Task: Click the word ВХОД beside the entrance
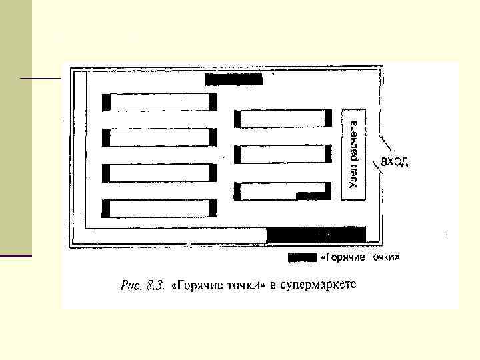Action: tap(395, 162)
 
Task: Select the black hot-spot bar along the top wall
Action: tap(234, 80)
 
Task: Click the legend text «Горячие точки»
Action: tap(361, 257)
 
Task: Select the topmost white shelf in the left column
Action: tap(159, 102)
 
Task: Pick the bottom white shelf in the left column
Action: tap(159, 209)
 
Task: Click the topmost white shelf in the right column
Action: tap(283, 119)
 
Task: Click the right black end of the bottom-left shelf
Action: tap(213, 209)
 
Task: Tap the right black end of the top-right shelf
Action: tap(329, 119)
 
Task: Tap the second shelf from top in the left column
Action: tap(159, 137)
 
